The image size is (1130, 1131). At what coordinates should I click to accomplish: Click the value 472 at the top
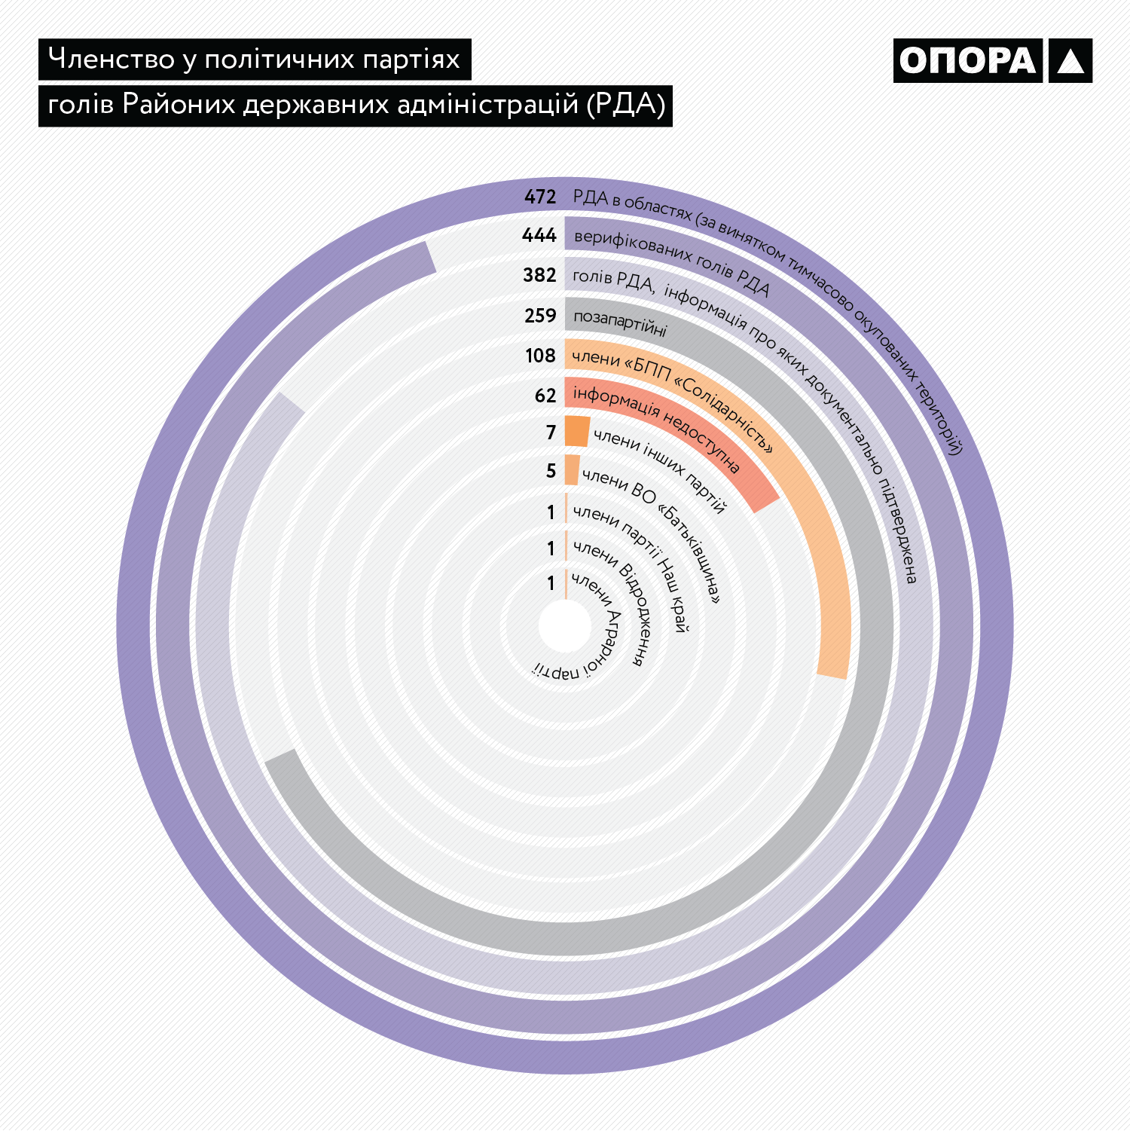540,197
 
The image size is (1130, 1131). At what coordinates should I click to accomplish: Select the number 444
539,236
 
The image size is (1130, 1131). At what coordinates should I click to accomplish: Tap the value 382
539,276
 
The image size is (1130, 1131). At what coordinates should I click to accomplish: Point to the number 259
540,316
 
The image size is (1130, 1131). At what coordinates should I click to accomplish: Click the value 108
540,356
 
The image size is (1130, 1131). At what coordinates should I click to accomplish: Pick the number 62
545,396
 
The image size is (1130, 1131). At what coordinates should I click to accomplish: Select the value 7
551,433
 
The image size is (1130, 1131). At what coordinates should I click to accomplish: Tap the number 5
551,472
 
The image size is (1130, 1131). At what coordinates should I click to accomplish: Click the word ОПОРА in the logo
967,61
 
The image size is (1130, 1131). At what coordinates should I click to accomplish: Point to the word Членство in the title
111,59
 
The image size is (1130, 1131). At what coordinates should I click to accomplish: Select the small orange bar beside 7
577,431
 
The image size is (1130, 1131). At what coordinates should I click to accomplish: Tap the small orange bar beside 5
573,470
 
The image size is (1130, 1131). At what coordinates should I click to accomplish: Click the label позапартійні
620,322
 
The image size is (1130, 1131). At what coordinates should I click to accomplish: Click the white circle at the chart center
565,625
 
